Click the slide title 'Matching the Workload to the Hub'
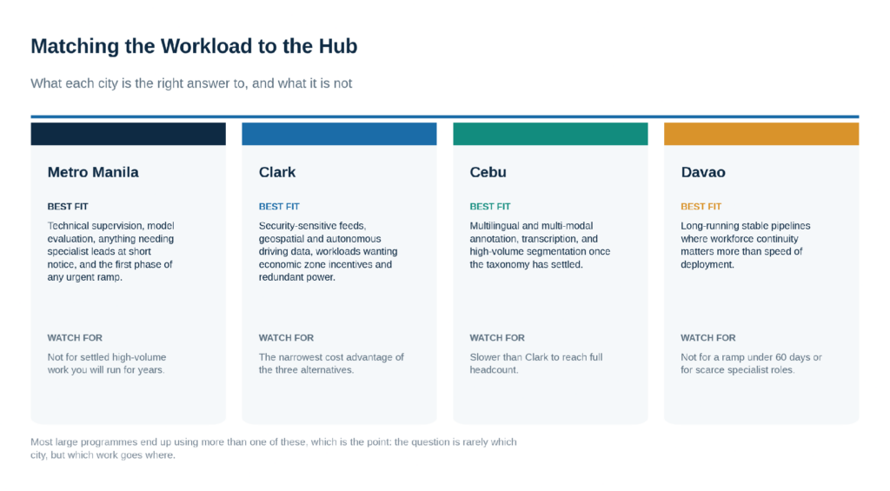(194, 46)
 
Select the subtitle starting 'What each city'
(191, 83)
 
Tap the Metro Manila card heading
(93, 172)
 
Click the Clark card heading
(277, 172)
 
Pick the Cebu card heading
(488, 172)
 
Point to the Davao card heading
(703, 172)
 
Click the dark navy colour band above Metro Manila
(129, 134)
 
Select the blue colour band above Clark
(340, 134)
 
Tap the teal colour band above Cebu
(550, 134)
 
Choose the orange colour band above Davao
(761, 134)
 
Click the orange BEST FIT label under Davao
(701, 207)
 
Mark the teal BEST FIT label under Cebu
(490, 207)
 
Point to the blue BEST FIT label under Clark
(279, 207)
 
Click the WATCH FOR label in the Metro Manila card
(75, 338)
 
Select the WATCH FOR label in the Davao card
(708, 338)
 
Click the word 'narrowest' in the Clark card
(303, 357)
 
